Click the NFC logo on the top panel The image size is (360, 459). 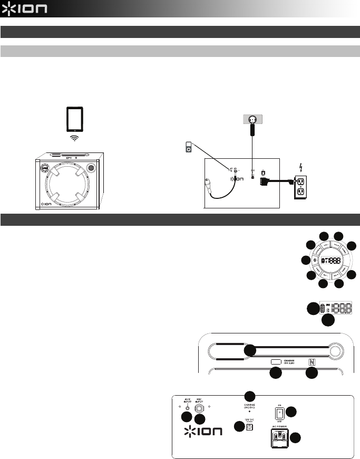pos(312,362)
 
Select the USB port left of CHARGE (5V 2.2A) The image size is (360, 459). pos(276,362)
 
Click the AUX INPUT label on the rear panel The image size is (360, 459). pos(187,401)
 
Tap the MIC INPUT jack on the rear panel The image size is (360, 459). pos(200,409)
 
